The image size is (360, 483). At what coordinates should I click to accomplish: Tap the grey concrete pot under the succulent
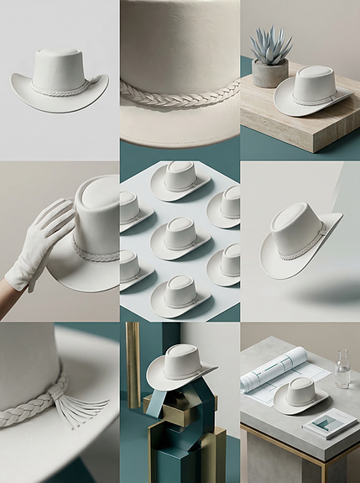[x=270, y=74]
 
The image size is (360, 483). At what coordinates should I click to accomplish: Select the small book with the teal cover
[x=329, y=423]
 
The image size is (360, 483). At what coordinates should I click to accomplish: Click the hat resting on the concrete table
[x=300, y=395]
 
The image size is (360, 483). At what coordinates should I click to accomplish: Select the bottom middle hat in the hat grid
[x=180, y=296]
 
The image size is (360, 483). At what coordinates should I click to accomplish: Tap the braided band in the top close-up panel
[x=180, y=96]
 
